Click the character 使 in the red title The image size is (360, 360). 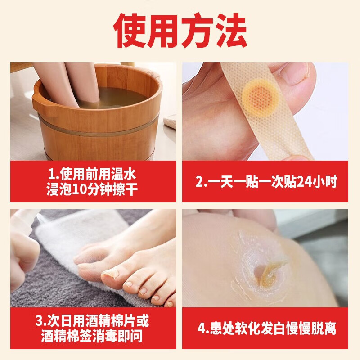pyautogui.click(x=130, y=30)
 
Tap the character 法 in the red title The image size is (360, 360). pyautogui.click(x=230, y=30)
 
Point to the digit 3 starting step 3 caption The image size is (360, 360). pyautogui.click(x=39, y=321)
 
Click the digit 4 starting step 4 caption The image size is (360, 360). pyautogui.click(x=201, y=328)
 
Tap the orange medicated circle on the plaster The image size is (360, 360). pyautogui.click(x=260, y=96)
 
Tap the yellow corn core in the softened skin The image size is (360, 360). pyautogui.click(x=271, y=273)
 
